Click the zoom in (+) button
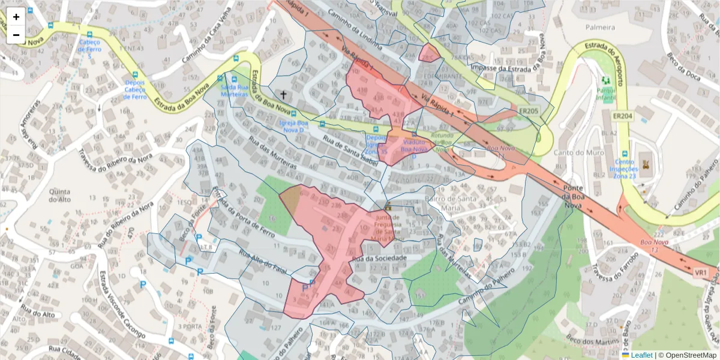(16, 17)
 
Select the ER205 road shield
(529, 111)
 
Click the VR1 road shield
(701, 273)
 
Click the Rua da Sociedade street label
(379, 258)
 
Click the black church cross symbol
(283, 95)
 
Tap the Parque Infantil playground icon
(605, 80)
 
